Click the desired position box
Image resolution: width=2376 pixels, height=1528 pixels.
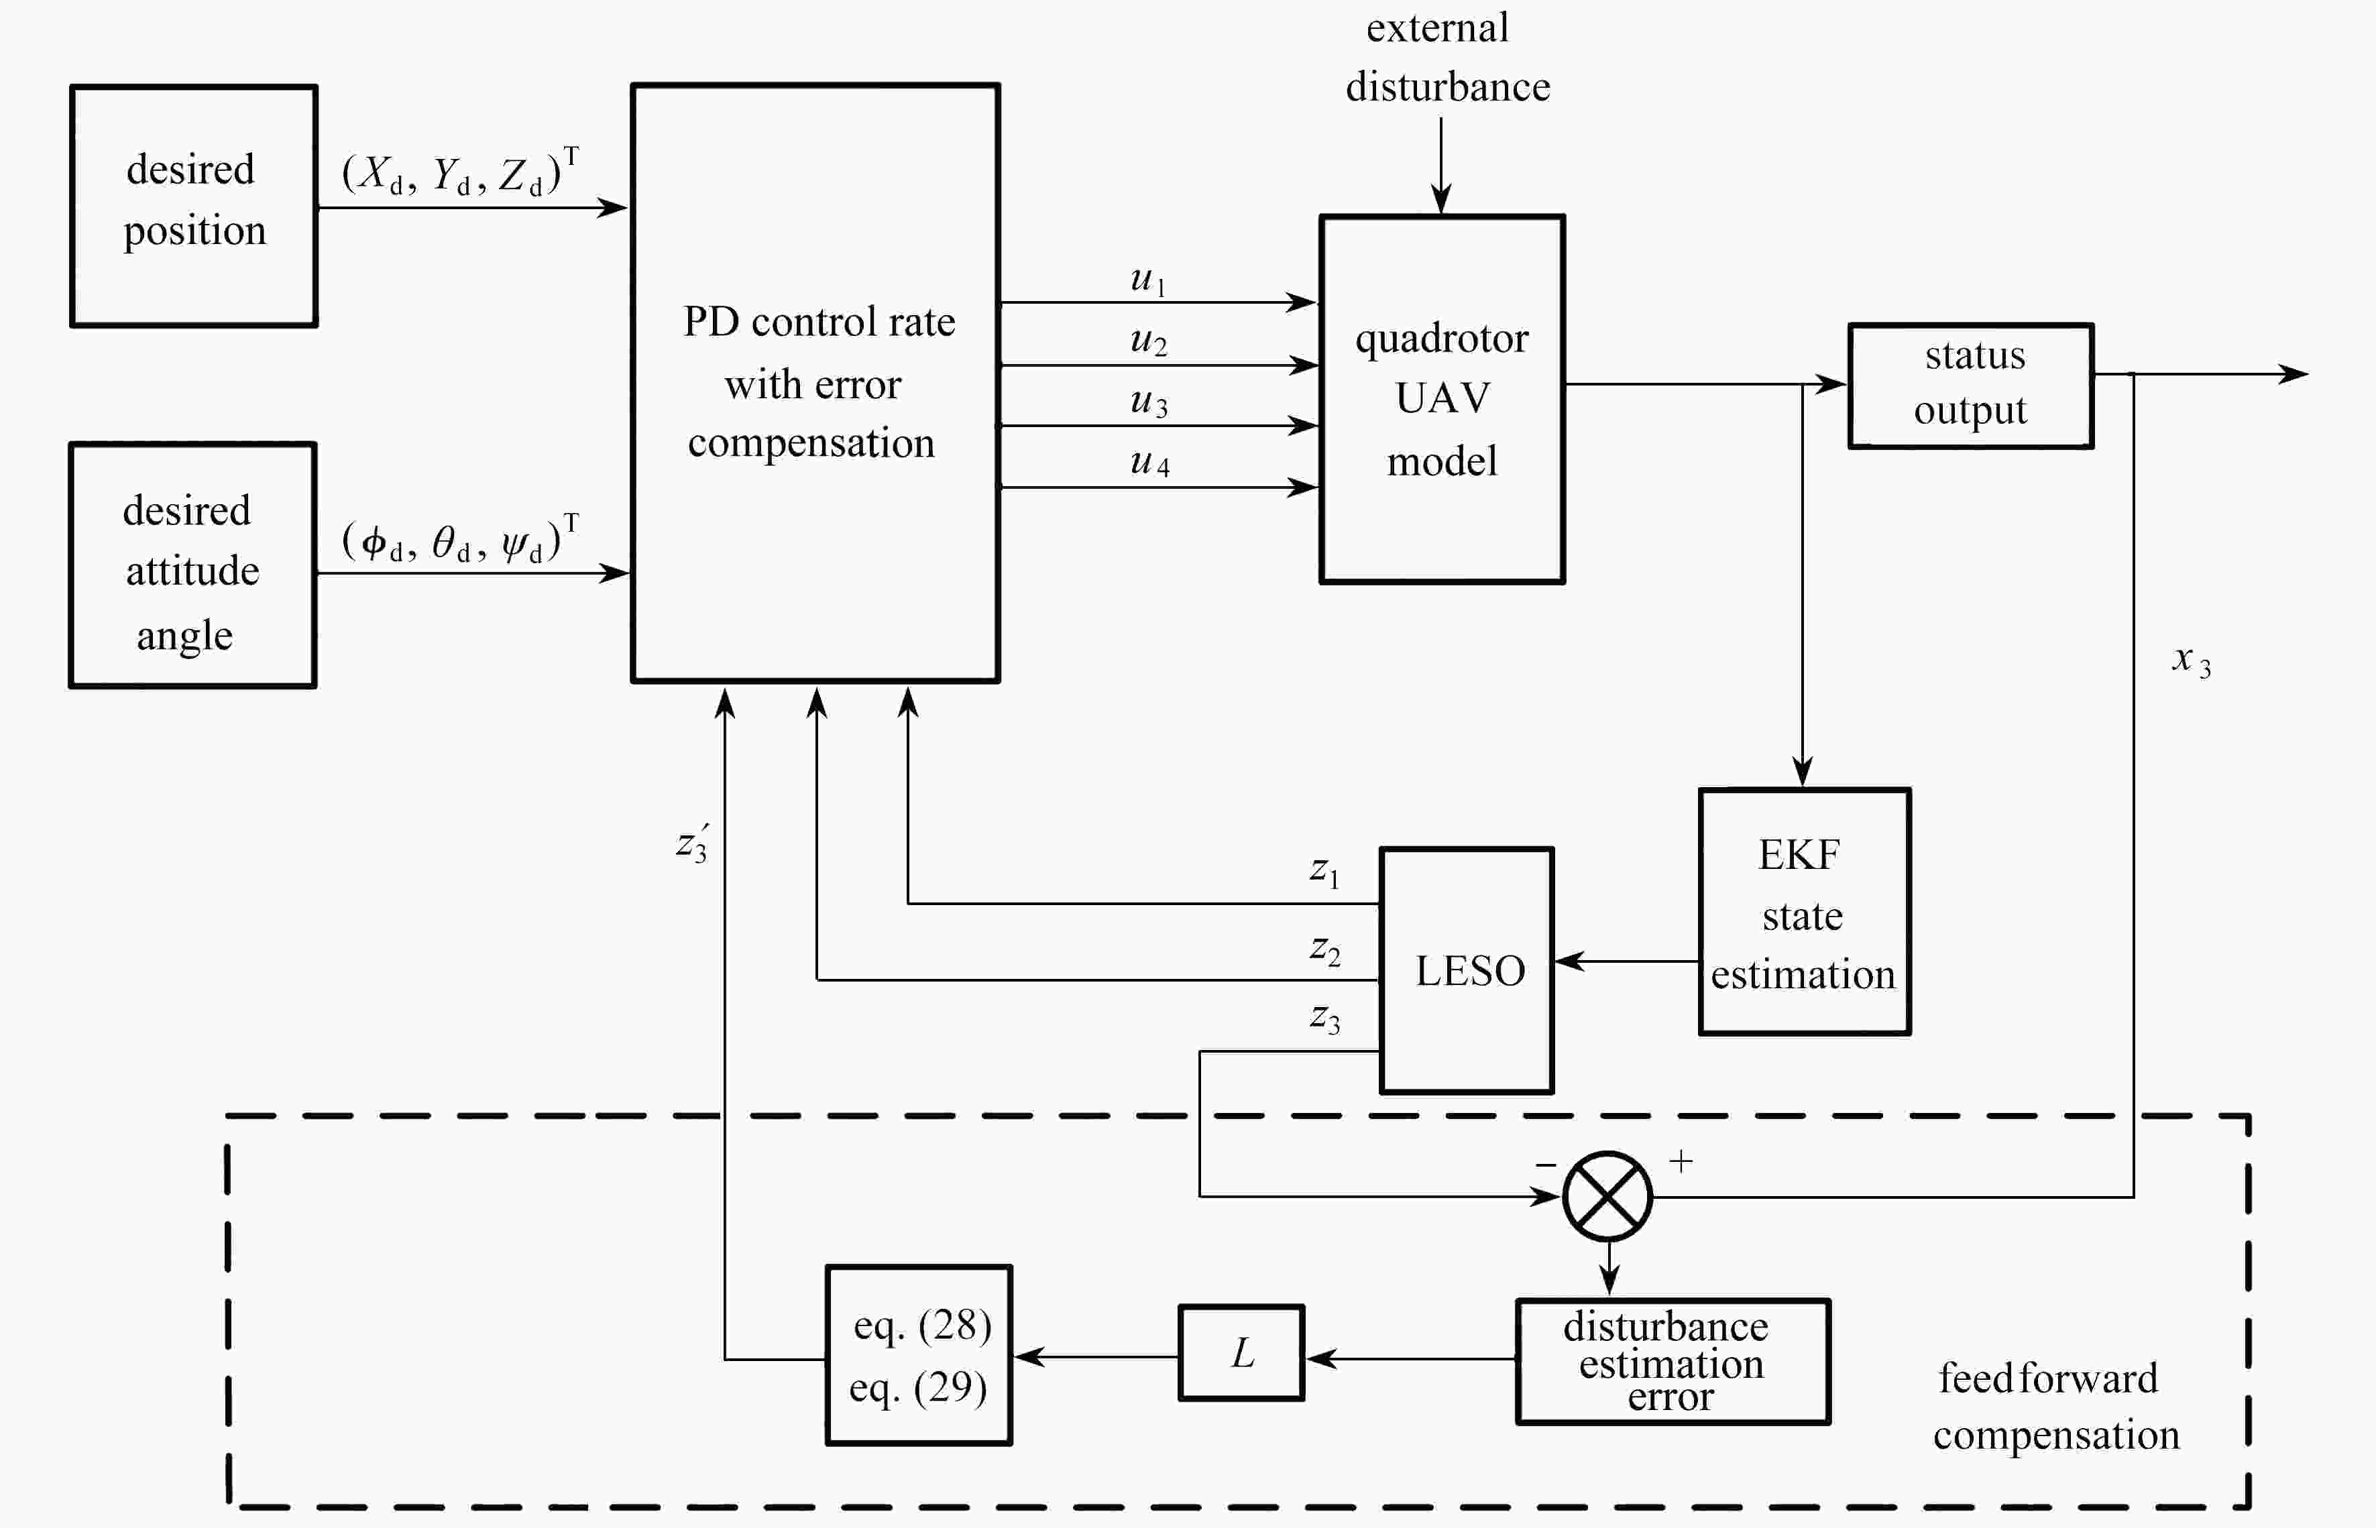click(194, 205)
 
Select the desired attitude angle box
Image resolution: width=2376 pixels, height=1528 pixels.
click(192, 565)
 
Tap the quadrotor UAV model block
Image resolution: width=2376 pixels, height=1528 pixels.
click(1441, 399)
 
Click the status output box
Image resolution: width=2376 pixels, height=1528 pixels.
click(1970, 385)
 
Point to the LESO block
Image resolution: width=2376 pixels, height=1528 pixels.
click(1466, 970)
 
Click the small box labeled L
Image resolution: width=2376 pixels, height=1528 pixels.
click(1241, 1352)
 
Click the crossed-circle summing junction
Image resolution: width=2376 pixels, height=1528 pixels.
click(1607, 1195)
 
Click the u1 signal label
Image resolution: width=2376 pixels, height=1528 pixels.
click(1148, 279)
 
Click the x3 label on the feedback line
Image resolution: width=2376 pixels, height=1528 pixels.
click(2190, 660)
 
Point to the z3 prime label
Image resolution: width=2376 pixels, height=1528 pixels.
click(692, 843)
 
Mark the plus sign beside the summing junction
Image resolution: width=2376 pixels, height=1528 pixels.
click(1681, 1161)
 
